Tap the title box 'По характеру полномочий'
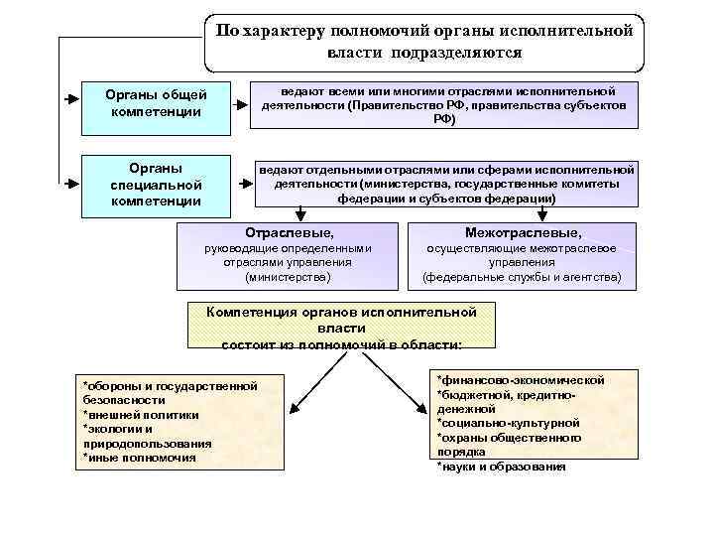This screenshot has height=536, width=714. click(424, 41)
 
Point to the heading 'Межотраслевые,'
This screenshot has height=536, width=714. click(522, 231)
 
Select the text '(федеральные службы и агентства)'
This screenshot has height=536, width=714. click(522, 279)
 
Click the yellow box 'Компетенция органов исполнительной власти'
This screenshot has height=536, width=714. click(342, 326)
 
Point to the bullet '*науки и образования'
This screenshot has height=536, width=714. click(501, 466)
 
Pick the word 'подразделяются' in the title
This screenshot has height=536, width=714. click(455, 52)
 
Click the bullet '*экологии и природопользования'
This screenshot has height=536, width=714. click(147, 436)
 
